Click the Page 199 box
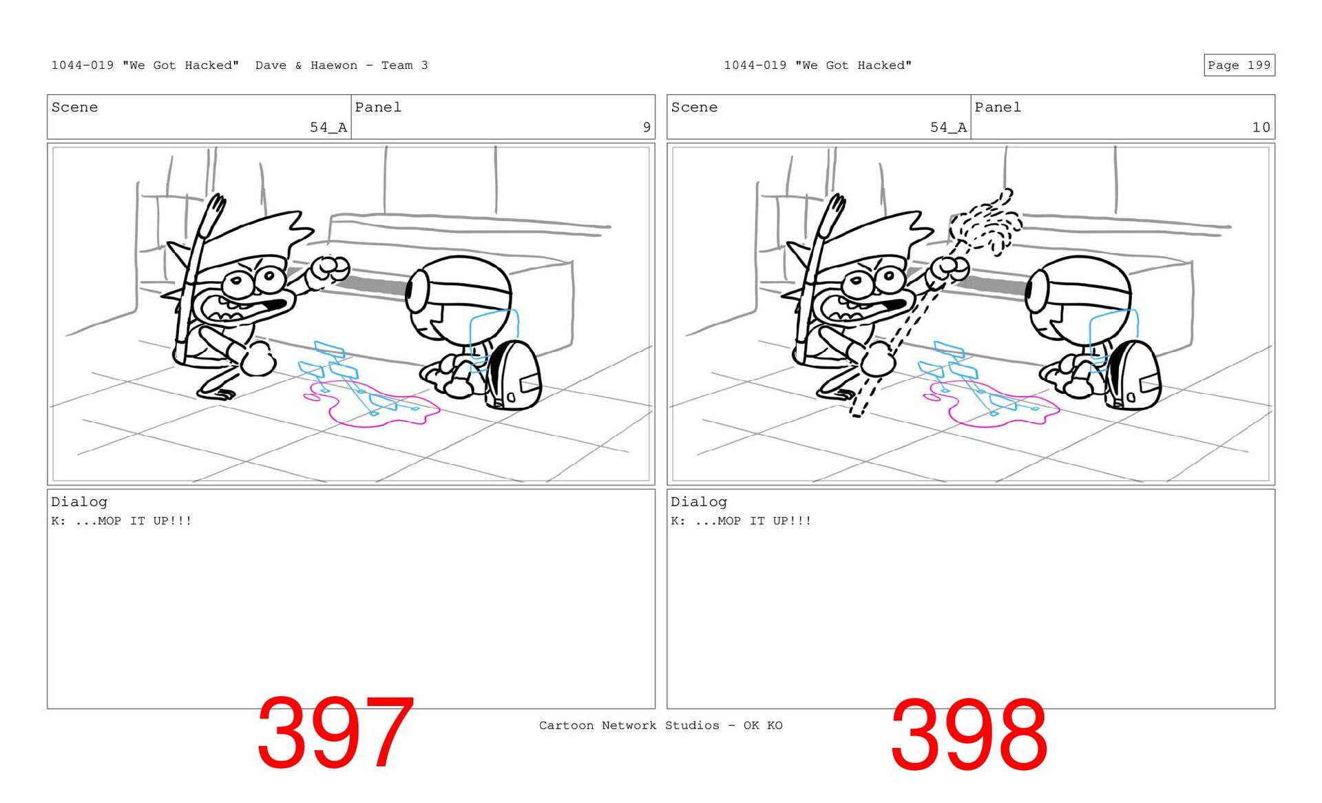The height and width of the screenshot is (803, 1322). click(1239, 65)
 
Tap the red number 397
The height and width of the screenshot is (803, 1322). click(335, 733)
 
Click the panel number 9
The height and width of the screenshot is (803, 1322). click(647, 127)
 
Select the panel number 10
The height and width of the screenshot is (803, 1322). click(1261, 127)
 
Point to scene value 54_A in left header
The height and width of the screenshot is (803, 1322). click(328, 127)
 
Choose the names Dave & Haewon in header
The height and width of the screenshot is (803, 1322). click(306, 65)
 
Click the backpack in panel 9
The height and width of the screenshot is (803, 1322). click(514, 376)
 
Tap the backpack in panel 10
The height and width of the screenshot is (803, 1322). click(1133, 376)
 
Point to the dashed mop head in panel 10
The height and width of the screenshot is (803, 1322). click(986, 222)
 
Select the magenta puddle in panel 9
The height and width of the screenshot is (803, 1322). click(372, 405)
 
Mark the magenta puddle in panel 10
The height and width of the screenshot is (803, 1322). click(992, 405)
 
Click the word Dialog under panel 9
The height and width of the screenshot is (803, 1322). click(79, 502)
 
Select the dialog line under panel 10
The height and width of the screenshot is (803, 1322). click(741, 521)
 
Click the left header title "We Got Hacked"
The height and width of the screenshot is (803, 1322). click(180, 65)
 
